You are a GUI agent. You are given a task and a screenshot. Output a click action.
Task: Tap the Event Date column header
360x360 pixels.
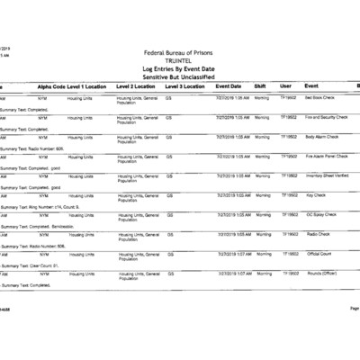coord(229,85)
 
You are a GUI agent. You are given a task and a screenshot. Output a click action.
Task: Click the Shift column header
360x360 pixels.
coord(260,85)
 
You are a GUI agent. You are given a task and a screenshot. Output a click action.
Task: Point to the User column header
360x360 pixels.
coord(285,85)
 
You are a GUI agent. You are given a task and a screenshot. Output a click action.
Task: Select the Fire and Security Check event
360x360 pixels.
coord(328,117)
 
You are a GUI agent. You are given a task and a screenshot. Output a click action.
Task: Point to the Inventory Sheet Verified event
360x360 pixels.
coord(329,175)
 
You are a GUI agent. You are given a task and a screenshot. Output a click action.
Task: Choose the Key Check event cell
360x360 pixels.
coord(316,194)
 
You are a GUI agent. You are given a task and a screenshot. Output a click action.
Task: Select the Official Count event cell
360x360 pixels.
coord(319,253)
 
